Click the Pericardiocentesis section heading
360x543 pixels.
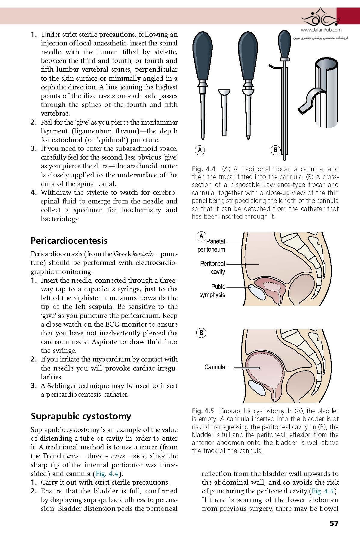[69, 240]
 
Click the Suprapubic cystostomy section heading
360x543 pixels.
[81, 416]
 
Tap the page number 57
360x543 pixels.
[334, 523]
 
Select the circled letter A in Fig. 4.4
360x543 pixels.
[200, 150]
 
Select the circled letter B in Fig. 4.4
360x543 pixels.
[275, 150]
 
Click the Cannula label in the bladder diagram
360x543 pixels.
[214, 367]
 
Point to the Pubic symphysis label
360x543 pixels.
[212, 291]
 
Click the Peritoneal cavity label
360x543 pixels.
[213, 268]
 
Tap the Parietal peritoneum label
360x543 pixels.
[212, 245]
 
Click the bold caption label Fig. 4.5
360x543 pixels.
[203, 411]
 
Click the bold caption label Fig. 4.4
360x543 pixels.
[204, 169]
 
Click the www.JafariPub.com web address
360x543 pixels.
[321, 30]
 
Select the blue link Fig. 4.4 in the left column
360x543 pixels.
[107, 473]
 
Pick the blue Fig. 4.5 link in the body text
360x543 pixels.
[323, 491]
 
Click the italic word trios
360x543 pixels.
[72, 456]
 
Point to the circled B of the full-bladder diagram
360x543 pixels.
[201, 333]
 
